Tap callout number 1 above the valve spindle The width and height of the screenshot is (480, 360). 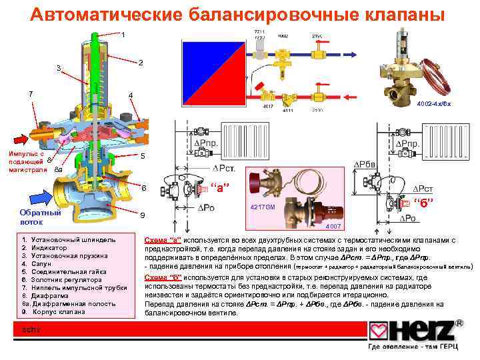point(123,34)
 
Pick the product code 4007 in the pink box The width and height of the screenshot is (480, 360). point(333,227)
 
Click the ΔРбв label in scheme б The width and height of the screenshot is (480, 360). point(365,165)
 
